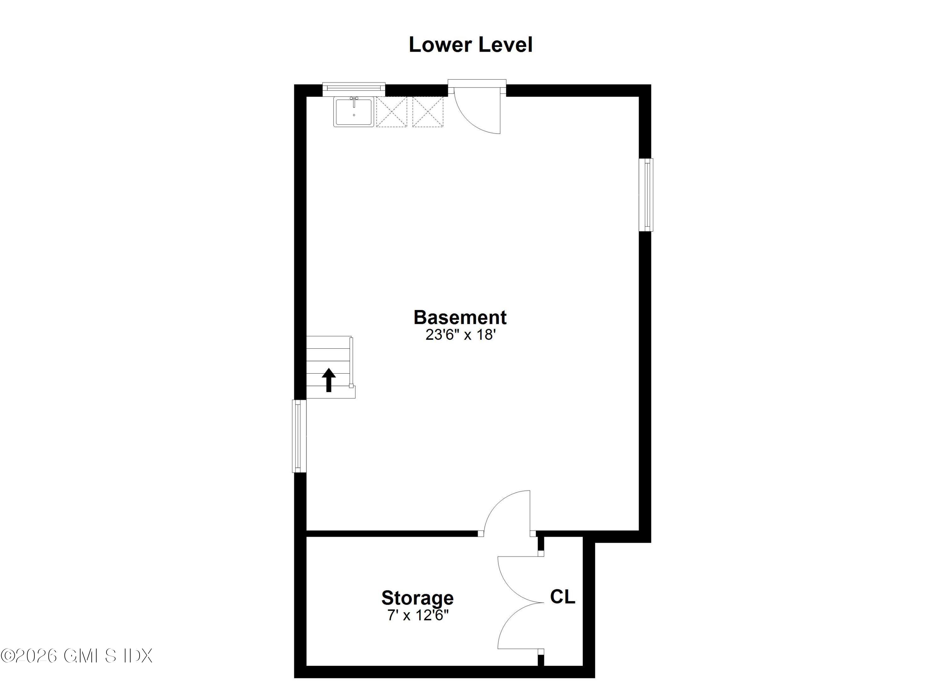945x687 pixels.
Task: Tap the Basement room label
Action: (460, 318)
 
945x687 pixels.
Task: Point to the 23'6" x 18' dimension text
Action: (460, 335)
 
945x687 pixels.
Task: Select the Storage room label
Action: (417, 598)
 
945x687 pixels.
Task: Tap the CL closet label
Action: (563, 597)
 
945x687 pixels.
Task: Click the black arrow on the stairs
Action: (329, 380)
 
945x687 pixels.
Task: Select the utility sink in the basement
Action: (353, 112)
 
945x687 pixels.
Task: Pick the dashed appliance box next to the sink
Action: (391, 112)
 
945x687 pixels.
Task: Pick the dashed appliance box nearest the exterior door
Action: (428, 112)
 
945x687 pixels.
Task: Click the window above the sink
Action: (354, 88)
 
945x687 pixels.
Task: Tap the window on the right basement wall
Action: (647, 195)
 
